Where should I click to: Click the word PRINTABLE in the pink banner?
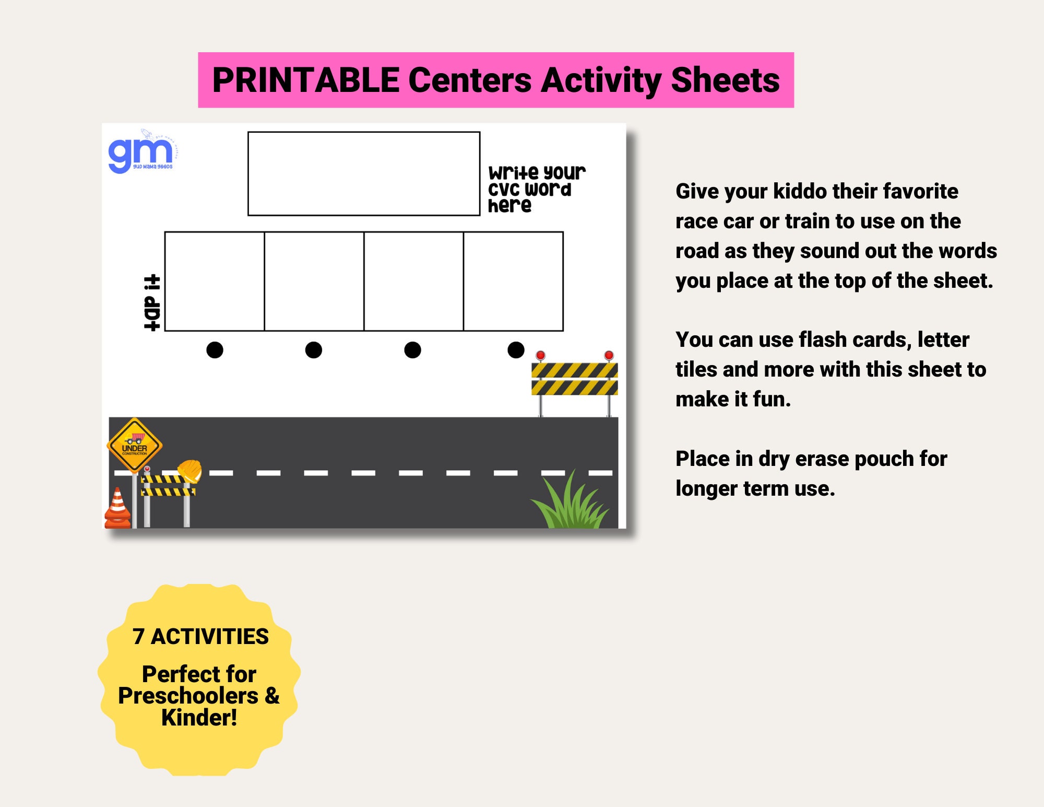[306, 80]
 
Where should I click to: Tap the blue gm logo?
[140, 153]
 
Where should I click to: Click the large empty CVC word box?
[363, 173]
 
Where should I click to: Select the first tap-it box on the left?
[215, 281]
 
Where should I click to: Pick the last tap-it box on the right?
[513, 281]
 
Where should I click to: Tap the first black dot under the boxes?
[215, 350]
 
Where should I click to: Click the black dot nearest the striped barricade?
[516, 350]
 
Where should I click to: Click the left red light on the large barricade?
[540, 355]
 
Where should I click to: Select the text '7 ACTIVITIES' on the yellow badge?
[200, 637]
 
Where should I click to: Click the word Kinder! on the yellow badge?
[199, 718]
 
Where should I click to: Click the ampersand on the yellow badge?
[272, 696]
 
